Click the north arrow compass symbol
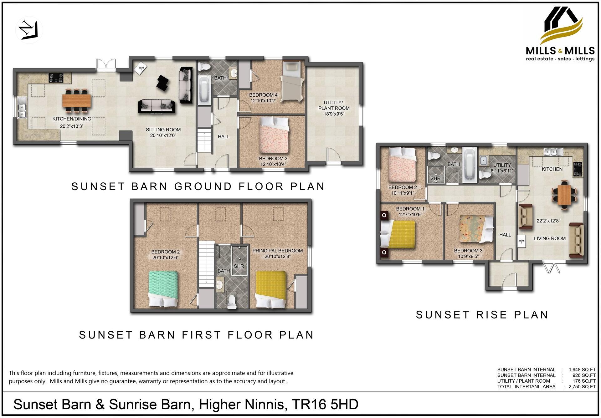pos(28,30)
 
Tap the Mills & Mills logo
pos(560,34)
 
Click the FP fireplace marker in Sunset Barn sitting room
pos(141,69)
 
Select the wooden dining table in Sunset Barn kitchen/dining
pos(77,100)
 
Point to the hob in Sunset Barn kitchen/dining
pos(56,78)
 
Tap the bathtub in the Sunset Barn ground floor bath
pos(205,90)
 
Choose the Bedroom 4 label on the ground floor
pos(263,95)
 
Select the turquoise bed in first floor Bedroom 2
pos(163,289)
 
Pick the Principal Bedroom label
pos(278,251)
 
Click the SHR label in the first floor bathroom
pos(239,266)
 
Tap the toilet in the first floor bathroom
pos(232,302)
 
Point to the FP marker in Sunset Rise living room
pos(521,242)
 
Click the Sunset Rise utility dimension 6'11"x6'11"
pos(502,171)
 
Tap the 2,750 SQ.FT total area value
pos(582,386)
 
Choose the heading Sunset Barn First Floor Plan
pos(196,335)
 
